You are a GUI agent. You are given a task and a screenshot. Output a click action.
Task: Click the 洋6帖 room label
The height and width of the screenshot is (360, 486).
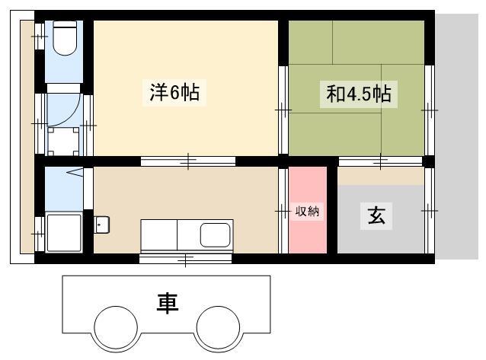(x=174, y=92)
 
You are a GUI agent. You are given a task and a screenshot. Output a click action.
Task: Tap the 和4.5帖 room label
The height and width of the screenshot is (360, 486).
(x=358, y=94)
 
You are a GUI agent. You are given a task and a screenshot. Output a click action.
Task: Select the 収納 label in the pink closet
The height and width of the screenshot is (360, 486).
(x=307, y=212)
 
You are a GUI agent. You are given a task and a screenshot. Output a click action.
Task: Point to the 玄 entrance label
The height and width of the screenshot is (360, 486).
(x=376, y=215)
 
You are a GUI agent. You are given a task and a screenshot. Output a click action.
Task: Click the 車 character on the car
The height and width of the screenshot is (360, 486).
(x=168, y=303)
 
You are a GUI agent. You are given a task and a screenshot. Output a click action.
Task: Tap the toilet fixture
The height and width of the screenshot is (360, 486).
(x=65, y=38)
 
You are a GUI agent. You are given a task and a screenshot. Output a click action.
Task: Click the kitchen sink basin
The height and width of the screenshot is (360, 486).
(x=215, y=235)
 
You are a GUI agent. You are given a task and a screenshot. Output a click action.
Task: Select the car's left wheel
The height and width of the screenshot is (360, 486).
(x=116, y=328)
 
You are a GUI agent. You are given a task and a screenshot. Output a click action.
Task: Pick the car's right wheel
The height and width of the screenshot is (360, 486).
(x=218, y=328)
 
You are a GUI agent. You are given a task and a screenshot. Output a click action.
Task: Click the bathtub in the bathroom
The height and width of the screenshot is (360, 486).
(x=64, y=232)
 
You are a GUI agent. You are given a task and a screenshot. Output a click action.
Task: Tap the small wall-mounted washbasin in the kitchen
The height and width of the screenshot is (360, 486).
(x=101, y=225)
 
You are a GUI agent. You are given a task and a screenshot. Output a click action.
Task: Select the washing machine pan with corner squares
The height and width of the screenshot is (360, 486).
(x=63, y=142)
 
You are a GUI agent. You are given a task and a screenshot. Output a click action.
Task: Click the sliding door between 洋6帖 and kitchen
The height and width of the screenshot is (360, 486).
(x=188, y=161)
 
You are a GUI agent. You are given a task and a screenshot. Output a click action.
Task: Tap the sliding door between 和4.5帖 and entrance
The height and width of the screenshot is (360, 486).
(x=380, y=161)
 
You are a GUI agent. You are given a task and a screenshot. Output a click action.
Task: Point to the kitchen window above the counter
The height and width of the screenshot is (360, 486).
(x=185, y=258)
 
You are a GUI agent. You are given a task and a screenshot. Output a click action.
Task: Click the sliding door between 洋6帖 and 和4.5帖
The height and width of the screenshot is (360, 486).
(x=283, y=110)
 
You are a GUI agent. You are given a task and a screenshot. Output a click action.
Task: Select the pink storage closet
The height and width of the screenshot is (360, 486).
(x=308, y=210)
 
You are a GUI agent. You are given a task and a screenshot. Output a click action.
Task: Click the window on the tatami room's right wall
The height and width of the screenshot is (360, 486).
(x=430, y=110)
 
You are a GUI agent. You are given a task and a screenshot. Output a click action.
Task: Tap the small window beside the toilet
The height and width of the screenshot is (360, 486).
(x=40, y=37)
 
